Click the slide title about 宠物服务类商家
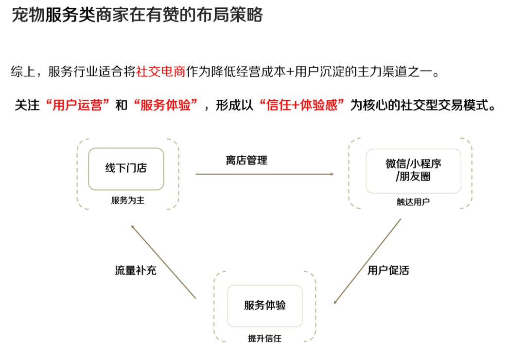(x=137, y=15)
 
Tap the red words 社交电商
(x=161, y=72)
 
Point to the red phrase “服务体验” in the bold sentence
(x=166, y=105)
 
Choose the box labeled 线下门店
(x=126, y=169)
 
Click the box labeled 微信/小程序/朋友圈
(x=413, y=171)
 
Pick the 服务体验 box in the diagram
(x=265, y=306)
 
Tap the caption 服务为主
(x=127, y=200)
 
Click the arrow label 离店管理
(x=246, y=160)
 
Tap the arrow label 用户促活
(x=388, y=270)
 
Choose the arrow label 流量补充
(x=136, y=270)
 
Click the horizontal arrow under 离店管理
(x=264, y=174)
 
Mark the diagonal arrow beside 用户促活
(x=367, y=262)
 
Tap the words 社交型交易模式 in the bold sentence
(x=444, y=105)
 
